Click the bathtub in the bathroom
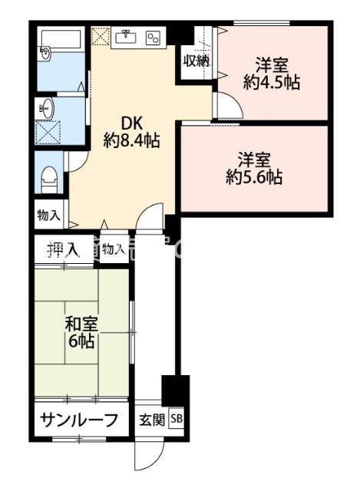coord(61,38)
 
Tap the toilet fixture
coord(50,178)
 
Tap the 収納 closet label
coord(196,61)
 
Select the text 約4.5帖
coord(271,82)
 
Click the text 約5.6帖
coord(254,177)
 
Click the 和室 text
coord(79,325)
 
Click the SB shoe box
coord(177,420)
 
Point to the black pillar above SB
coord(175,390)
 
